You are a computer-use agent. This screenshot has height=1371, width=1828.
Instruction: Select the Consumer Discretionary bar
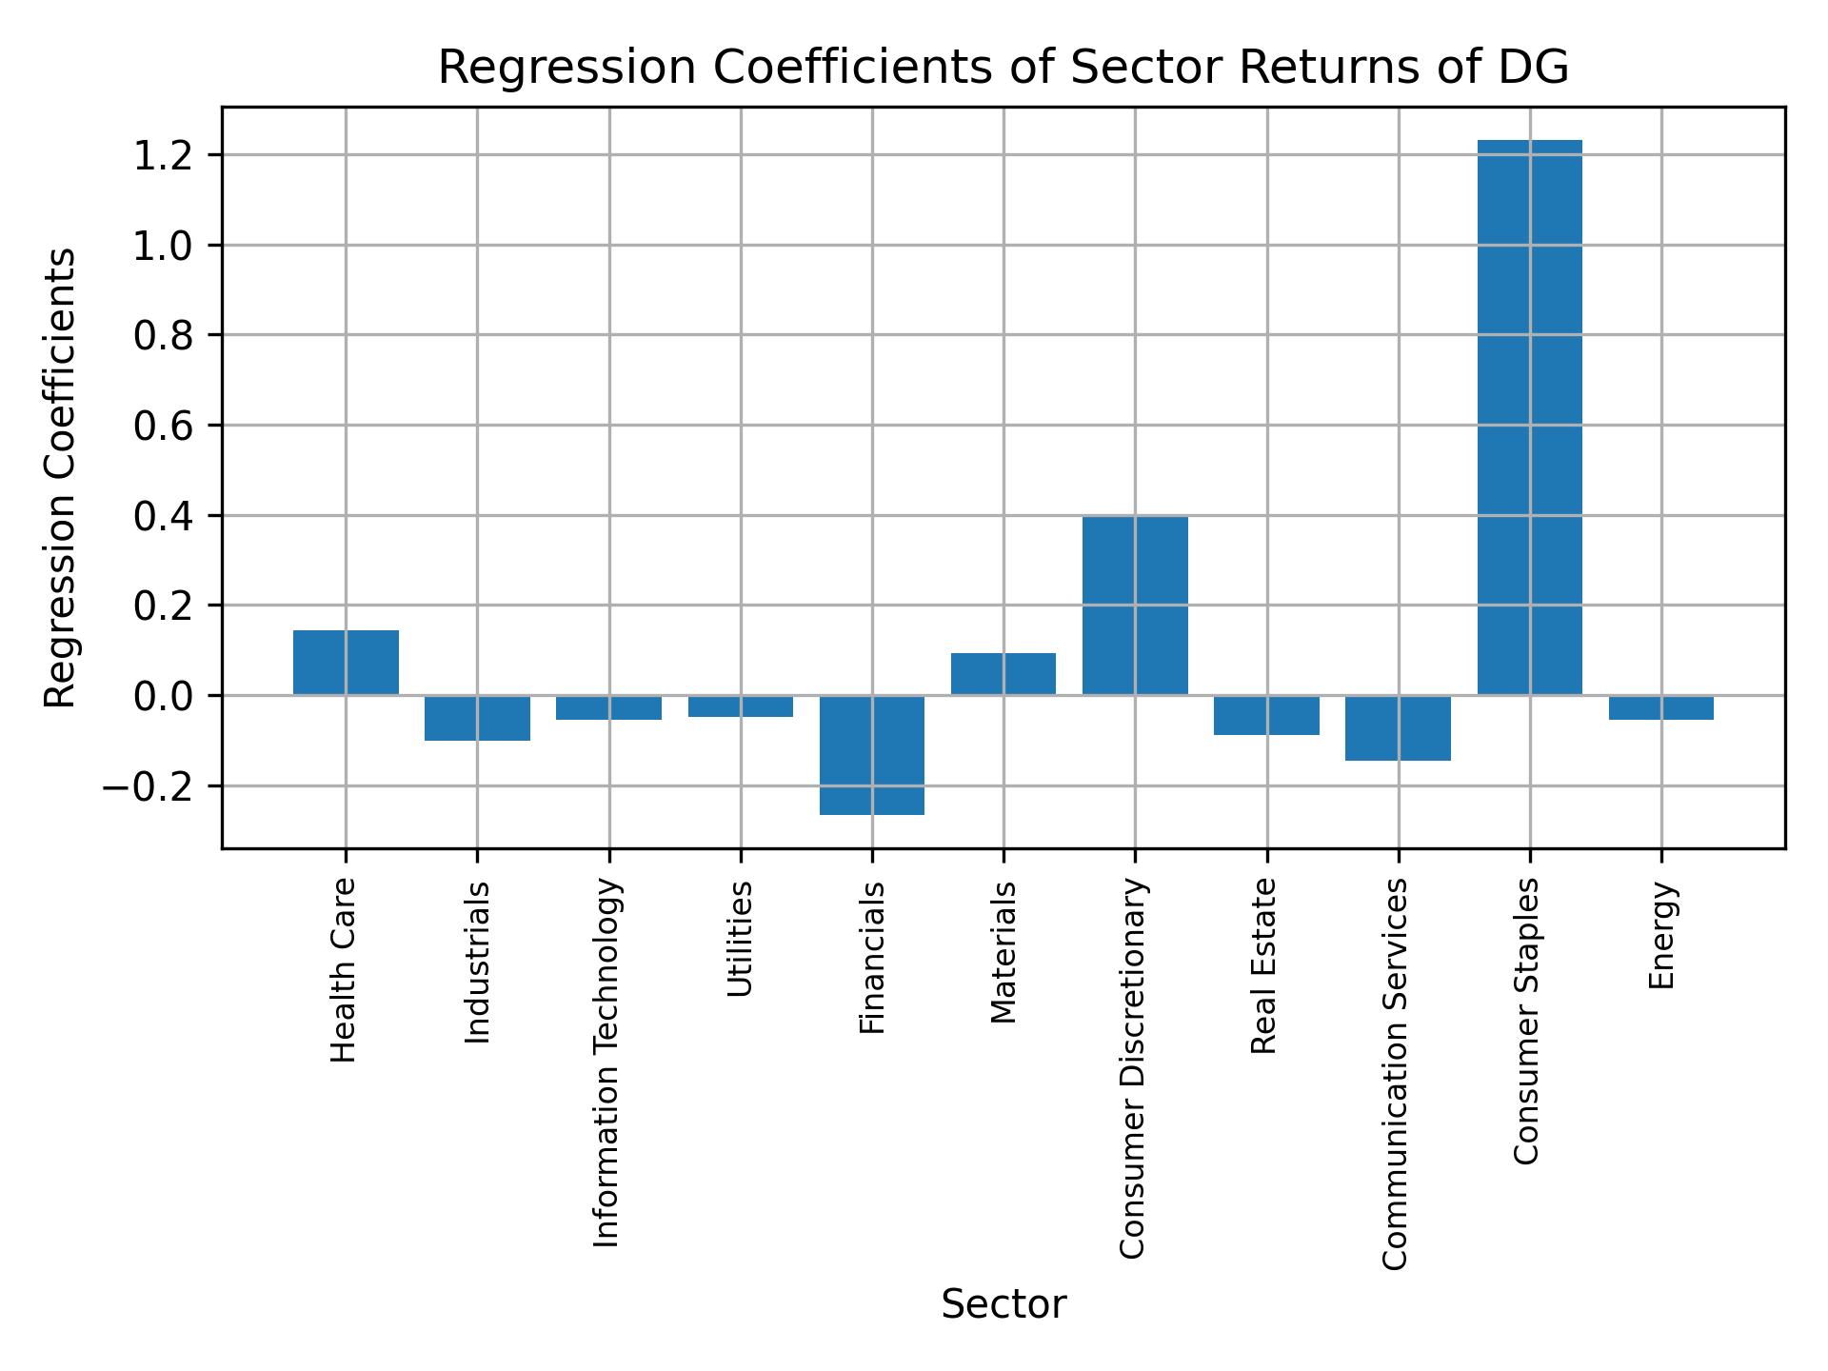[x=1135, y=606]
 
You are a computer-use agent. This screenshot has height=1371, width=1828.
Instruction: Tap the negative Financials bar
[x=872, y=755]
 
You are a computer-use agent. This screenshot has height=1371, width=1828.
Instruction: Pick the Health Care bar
[x=346, y=663]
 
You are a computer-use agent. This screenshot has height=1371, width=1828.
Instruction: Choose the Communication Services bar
[x=1398, y=728]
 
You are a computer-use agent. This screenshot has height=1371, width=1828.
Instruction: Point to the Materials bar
[x=1003, y=674]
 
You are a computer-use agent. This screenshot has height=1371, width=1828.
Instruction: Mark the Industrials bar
[x=477, y=718]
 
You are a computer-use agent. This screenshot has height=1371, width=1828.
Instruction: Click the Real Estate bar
[x=1266, y=715]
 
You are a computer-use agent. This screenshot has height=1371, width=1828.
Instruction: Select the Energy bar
[x=1660, y=707]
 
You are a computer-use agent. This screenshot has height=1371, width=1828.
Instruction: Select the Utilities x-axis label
[x=740, y=939]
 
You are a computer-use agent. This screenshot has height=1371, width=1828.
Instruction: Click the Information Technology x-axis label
[x=607, y=1063]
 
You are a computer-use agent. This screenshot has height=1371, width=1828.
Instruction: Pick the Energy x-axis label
[x=1660, y=936]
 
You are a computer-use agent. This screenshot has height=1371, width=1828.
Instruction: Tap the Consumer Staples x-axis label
[x=1526, y=1021]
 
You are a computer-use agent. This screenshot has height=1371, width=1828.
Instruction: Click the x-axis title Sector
[x=1003, y=1304]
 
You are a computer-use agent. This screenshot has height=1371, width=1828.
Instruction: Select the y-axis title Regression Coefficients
[x=61, y=478]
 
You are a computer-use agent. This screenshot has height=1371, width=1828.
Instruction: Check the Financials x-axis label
[x=872, y=958]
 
